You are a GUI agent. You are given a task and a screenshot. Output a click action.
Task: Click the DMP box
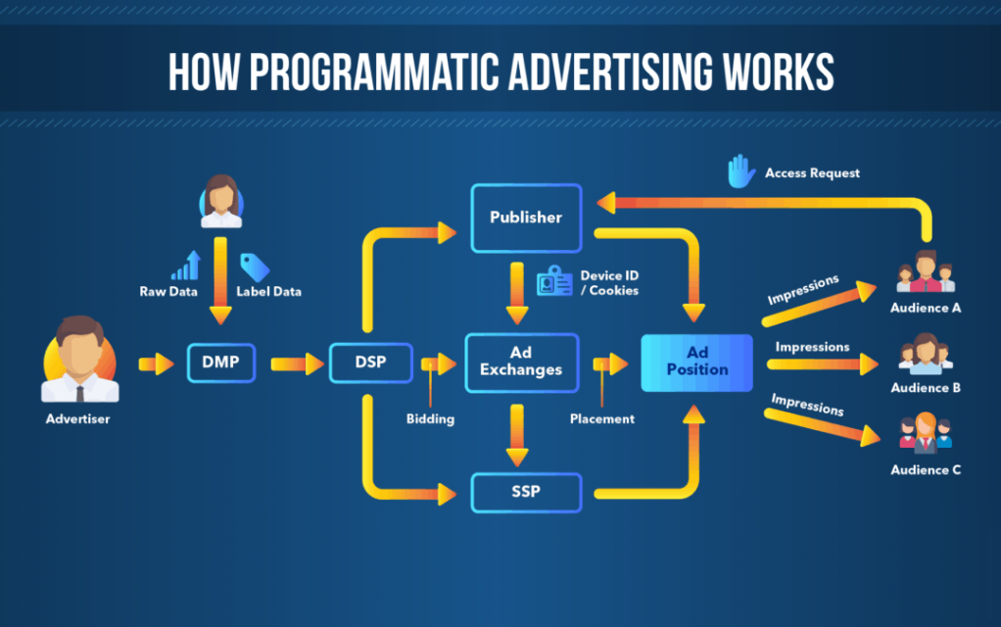click(221, 363)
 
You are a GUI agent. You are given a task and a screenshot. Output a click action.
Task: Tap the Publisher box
click(526, 217)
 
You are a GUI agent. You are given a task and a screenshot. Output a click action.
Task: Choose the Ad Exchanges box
click(521, 362)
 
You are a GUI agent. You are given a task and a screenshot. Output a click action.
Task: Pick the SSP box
click(525, 492)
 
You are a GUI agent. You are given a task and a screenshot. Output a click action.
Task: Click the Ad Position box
click(696, 362)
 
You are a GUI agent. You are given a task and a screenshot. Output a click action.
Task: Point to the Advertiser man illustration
click(78, 362)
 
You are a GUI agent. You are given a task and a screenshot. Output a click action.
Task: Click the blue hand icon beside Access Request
click(741, 171)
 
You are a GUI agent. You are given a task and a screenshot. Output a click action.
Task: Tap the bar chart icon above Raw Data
click(186, 265)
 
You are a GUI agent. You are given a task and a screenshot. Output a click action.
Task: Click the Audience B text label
click(926, 388)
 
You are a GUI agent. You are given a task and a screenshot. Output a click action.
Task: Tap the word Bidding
click(430, 419)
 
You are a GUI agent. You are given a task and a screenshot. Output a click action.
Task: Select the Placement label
click(602, 419)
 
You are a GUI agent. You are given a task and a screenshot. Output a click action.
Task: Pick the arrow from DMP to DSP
click(297, 364)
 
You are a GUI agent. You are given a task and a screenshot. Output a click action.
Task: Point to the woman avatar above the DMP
click(221, 201)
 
